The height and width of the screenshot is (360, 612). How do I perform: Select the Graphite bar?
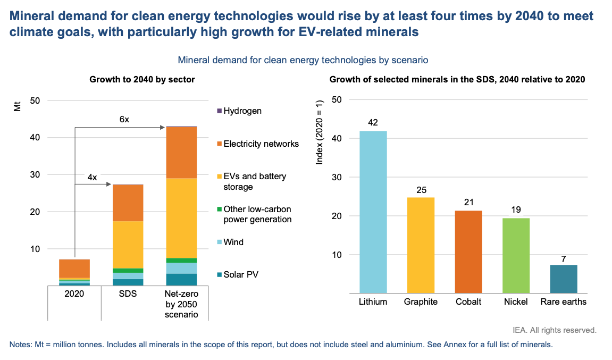coord(421,245)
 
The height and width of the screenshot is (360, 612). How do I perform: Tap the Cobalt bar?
coord(468,252)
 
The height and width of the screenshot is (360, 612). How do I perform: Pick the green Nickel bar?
coord(516,255)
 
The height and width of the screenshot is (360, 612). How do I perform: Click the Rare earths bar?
coord(564,279)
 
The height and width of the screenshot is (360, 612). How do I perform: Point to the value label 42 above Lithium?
coord(373,123)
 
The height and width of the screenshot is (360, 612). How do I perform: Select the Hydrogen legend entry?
coord(242,111)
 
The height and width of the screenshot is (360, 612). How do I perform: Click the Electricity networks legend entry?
coord(261,144)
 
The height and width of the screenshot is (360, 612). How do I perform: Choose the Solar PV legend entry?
coord(241,274)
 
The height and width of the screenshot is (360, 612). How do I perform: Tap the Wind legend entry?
coord(233,242)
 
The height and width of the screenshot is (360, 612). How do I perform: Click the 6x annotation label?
coord(124,120)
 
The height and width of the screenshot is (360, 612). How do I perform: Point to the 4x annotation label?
coord(92,177)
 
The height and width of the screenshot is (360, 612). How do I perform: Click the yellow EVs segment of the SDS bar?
coord(128,245)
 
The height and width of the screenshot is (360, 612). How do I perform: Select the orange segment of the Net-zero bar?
coord(181,152)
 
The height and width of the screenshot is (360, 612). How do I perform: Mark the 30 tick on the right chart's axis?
coord(337,177)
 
